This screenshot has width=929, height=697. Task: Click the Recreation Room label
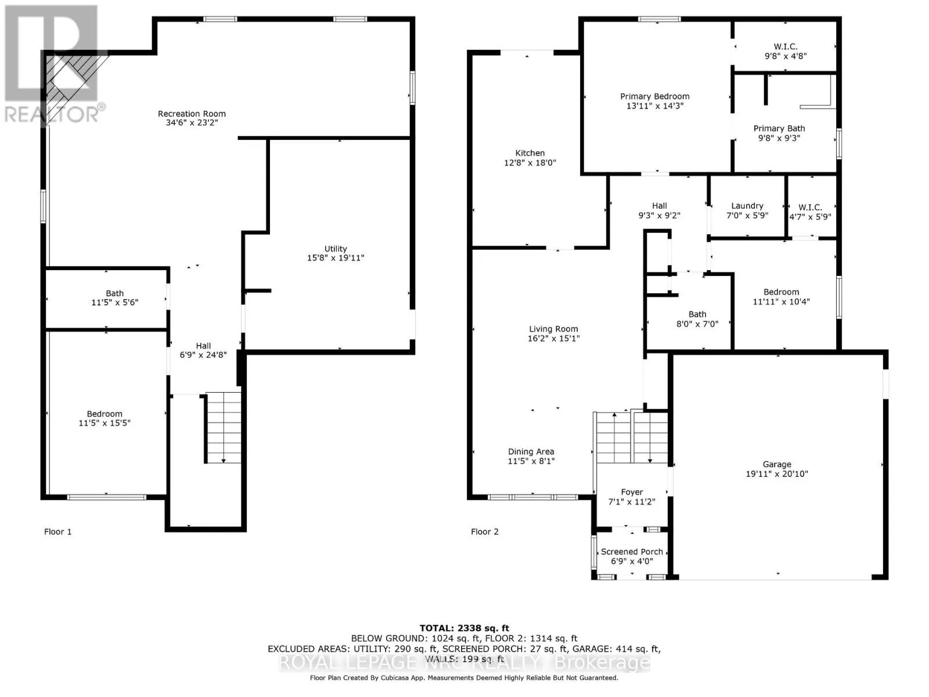192,113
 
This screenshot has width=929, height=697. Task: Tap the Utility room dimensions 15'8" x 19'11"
336,258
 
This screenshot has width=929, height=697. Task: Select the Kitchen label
530,153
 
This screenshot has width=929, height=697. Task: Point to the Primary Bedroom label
655,96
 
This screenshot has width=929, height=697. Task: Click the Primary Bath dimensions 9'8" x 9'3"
779,138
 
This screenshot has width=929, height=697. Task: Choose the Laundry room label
747,206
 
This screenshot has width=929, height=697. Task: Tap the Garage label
777,464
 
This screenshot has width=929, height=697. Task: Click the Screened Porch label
632,551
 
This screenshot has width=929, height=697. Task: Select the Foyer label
632,492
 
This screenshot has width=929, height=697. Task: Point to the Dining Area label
531,451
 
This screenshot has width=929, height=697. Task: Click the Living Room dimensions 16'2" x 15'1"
553,338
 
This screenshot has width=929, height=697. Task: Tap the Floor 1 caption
58,531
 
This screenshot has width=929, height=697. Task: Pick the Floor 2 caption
485,531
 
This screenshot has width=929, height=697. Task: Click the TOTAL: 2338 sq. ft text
464,628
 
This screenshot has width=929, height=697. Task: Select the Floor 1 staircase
223,428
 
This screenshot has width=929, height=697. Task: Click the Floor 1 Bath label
115,293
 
